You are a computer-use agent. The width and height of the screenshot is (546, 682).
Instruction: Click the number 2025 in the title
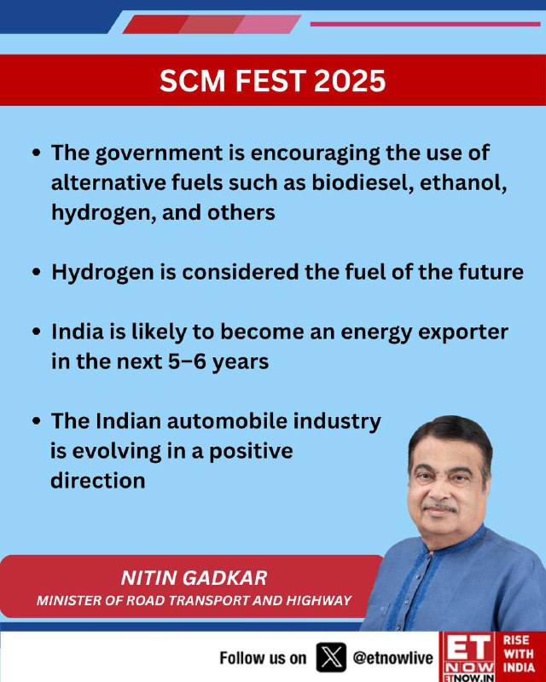coord(350,81)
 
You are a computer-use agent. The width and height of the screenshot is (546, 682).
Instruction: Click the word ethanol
coord(463,182)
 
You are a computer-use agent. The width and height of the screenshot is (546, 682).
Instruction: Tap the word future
coord(491,272)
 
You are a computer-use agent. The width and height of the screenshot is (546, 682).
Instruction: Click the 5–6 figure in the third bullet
coord(187,361)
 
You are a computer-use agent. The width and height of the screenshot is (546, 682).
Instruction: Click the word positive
coord(251,452)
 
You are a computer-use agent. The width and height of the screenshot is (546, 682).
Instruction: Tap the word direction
coord(98,481)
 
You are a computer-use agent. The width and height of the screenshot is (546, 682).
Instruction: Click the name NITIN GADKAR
coord(194,578)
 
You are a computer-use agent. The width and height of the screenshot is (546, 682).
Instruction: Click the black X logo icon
coord(331,657)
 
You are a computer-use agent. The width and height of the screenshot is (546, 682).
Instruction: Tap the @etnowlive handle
coord(392,657)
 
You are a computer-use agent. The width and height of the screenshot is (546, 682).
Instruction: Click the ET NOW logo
coord(469,656)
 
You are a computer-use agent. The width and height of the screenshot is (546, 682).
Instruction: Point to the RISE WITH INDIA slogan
coord(519,653)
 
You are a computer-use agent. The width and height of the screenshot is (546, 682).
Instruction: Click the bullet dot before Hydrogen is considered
coord(37,273)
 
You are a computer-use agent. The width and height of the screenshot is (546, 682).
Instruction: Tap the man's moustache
coord(439,507)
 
